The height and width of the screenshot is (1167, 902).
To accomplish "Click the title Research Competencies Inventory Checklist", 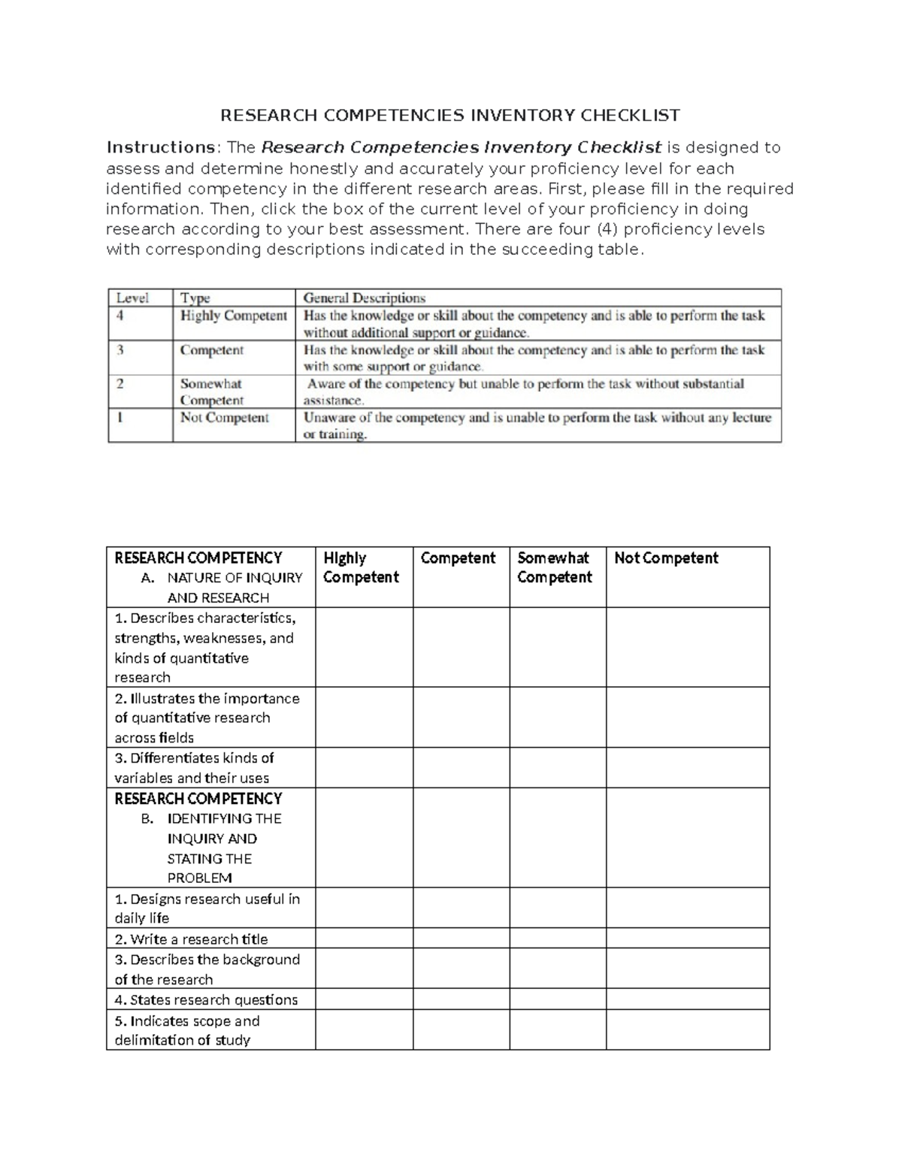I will [x=449, y=115].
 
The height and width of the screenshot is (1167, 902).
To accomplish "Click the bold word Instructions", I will [x=161, y=147].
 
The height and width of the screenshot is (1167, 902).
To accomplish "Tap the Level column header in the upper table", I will [x=132, y=298].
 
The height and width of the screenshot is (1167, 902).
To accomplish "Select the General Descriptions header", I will [x=364, y=298].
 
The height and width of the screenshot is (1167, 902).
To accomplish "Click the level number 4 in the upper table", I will [x=120, y=316].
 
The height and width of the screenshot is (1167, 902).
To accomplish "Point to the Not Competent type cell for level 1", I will [x=224, y=418].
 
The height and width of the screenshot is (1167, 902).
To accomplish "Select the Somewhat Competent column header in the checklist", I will [x=555, y=567].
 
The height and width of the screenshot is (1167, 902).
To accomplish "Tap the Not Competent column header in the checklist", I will [x=666, y=558].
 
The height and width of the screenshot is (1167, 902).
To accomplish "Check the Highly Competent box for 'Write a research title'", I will [x=364, y=938].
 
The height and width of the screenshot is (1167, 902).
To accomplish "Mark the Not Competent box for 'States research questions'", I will [x=688, y=999].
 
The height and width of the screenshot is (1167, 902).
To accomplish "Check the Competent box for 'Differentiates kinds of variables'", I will [x=461, y=767].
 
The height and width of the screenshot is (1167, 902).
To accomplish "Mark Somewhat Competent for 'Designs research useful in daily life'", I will [x=558, y=908].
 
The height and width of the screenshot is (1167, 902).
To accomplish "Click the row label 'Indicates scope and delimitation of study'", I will [x=187, y=1030].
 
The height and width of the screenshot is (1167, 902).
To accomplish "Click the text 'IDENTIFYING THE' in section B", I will [x=224, y=818].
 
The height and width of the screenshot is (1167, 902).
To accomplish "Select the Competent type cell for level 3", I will [x=212, y=350].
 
